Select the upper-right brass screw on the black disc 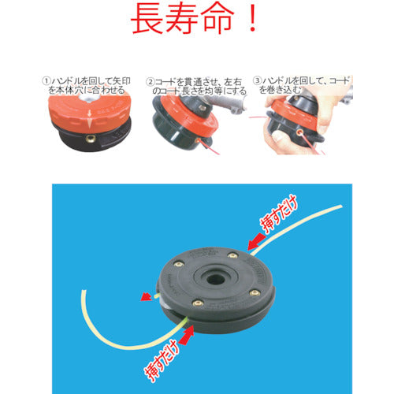(x=233, y=253)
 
